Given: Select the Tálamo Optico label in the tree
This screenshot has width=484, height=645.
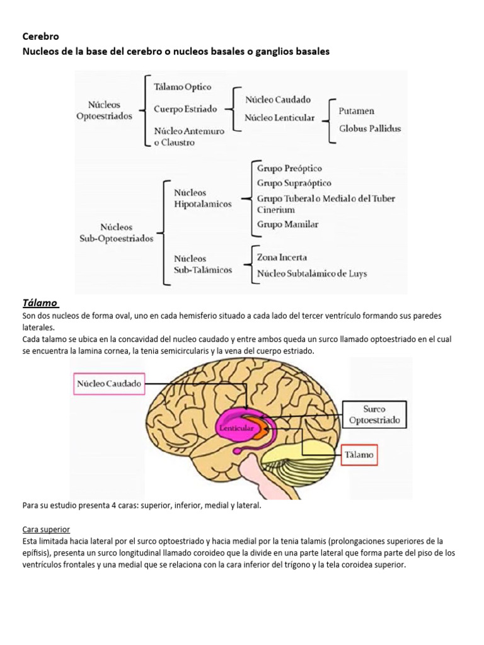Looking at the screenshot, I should click(183, 87).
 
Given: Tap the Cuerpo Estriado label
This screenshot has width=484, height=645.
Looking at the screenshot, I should click(185, 109).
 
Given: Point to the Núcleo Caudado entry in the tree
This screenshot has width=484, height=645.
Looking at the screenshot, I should click(278, 100).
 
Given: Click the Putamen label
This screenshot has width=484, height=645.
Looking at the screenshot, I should click(356, 111).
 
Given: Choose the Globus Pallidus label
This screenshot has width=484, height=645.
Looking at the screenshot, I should click(370, 128).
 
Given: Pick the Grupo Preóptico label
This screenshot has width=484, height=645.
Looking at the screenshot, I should click(289, 168).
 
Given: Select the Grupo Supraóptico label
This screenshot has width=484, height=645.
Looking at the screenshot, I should click(294, 183).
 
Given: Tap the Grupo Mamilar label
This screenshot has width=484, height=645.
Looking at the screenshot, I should click(287, 224).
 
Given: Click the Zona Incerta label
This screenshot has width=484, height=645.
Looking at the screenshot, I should click(282, 257).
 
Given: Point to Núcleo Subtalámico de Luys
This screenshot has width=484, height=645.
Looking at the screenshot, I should click(311, 273).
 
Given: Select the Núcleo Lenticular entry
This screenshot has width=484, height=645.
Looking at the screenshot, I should click(280, 118).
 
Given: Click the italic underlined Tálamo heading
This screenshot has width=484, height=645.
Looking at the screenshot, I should click(40, 303).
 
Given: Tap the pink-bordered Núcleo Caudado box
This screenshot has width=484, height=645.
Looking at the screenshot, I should click(109, 383).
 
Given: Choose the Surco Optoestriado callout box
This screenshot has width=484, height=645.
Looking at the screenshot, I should click(374, 414).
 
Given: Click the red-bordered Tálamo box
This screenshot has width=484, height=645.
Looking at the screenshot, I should click(359, 454).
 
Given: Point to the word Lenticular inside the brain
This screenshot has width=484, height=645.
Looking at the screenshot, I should click(236, 428).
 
